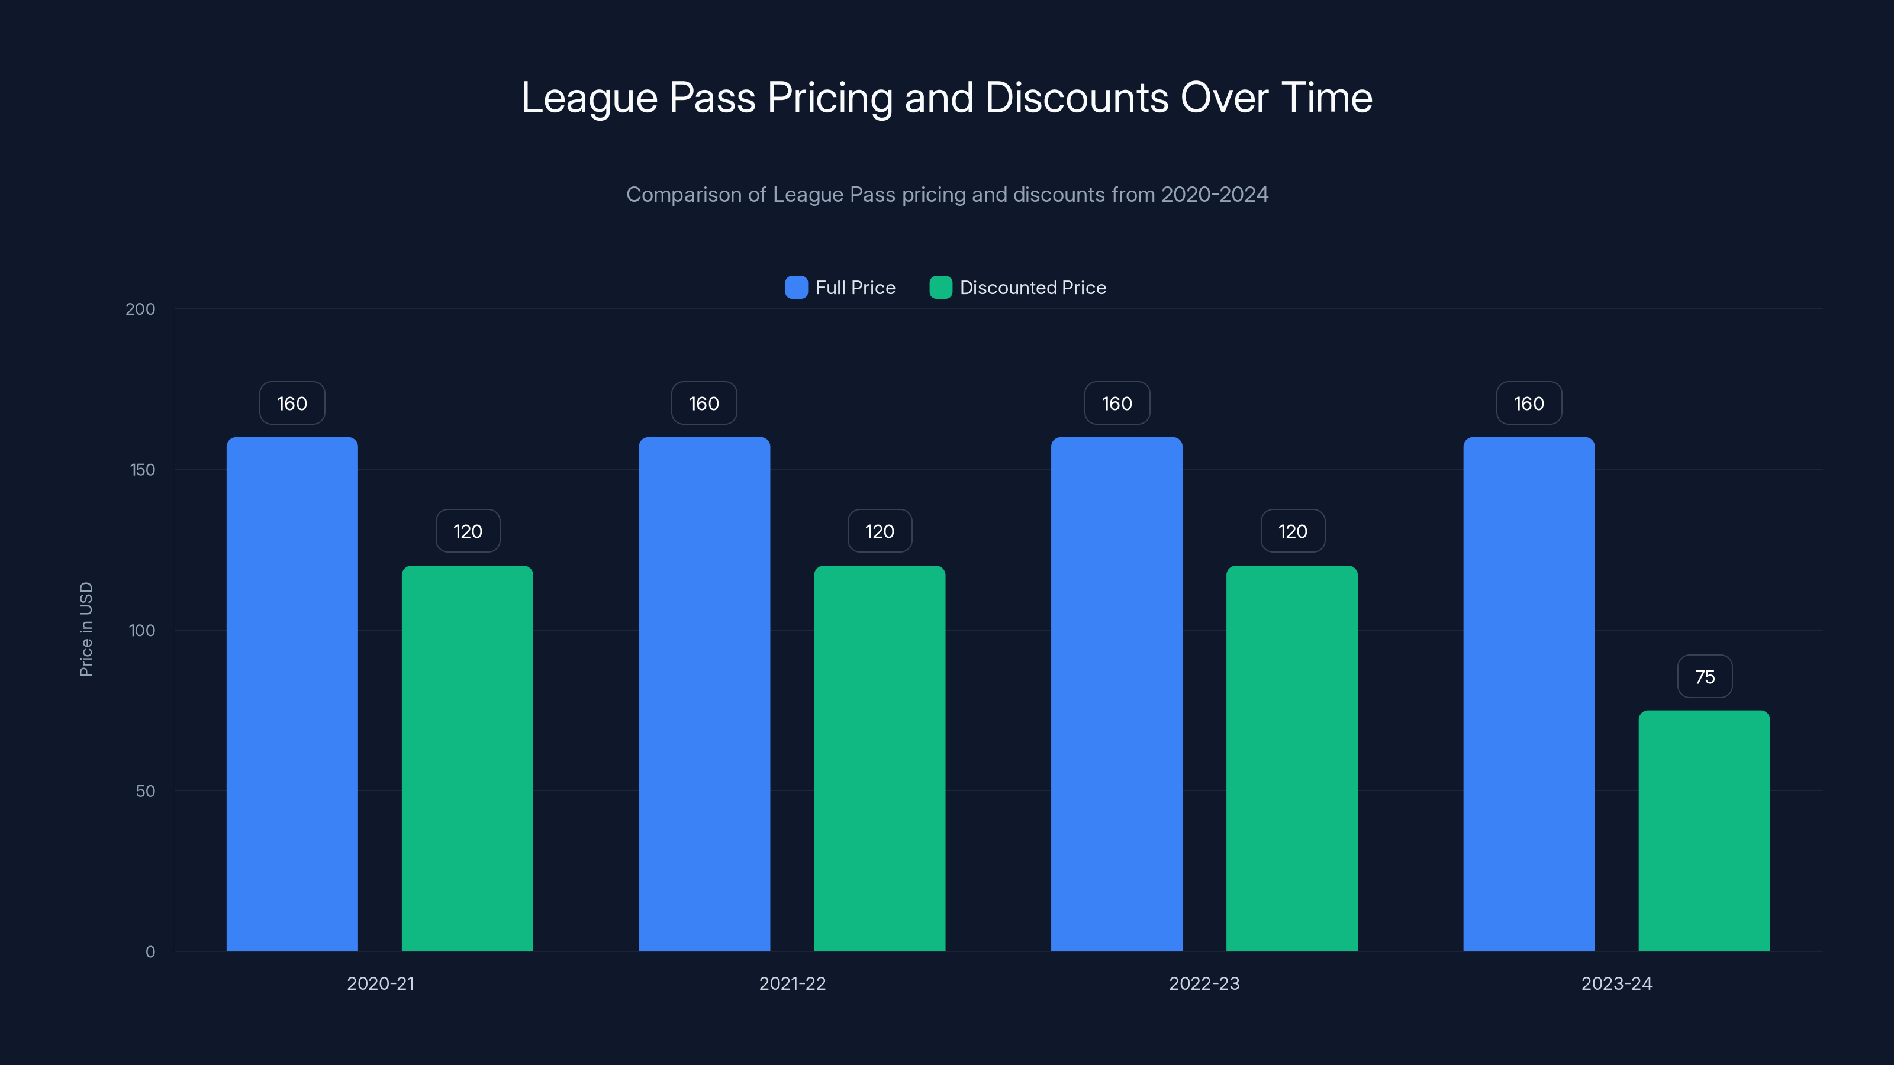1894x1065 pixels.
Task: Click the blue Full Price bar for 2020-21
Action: coord(292,694)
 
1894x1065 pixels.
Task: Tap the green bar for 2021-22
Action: coord(880,758)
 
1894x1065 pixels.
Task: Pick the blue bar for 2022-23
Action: coord(1116,694)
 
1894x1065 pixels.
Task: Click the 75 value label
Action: coord(1705,676)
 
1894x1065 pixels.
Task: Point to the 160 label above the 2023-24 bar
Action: coord(1529,403)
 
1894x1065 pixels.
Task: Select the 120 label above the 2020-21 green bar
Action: coord(468,531)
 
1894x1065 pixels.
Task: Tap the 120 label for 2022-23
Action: coord(1293,531)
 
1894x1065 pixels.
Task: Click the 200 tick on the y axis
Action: coord(140,309)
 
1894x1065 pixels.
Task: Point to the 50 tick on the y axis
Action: coord(146,791)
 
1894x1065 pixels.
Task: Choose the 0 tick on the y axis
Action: coord(150,952)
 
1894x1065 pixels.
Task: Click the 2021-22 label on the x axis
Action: coord(792,983)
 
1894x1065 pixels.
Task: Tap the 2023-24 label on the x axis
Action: coord(1616,983)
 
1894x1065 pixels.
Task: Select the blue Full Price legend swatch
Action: coord(796,288)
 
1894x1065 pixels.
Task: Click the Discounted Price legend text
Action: coord(1032,288)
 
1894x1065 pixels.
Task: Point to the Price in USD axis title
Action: coord(86,629)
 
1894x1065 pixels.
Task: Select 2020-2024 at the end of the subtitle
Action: coord(1215,195)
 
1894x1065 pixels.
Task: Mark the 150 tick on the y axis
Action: coord(143,470)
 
